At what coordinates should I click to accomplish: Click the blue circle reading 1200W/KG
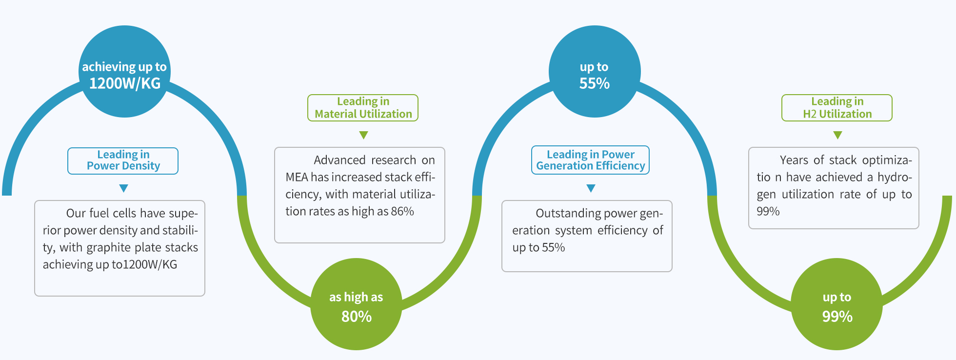(x=124, y=71)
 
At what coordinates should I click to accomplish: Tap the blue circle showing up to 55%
(x=595, y=71)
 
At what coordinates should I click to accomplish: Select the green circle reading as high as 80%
(x=356, y=304)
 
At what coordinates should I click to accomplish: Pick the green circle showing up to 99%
(x=836, y=304)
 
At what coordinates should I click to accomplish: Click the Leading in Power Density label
(x=123, y=161)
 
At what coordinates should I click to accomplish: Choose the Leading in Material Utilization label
(x=363, y=108)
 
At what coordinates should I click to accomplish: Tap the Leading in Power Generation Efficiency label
(x=590, y=160)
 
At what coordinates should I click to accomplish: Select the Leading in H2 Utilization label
(x=837, y=108)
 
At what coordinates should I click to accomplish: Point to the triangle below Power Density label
(x=123, y=188)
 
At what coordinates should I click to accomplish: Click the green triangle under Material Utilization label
(x=363, y=135)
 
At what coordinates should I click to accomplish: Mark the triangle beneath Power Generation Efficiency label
(x=591, y=188)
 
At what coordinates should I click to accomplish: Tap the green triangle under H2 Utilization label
(x=837, y=135)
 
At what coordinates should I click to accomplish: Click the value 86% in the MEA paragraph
(x=402, y=211)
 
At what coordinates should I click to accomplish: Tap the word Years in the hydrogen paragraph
(x=794, y=160)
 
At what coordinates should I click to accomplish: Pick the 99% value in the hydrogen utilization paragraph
(x=768, y=211)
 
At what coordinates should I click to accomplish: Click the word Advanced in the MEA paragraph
(x=339, y=160)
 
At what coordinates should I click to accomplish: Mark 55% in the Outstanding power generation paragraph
(x=553, y=247)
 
